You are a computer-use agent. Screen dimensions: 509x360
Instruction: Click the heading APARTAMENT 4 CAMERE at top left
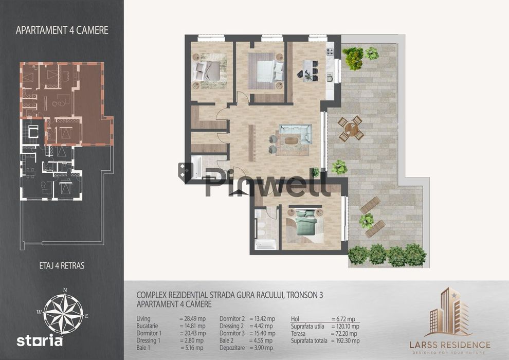[62, 30]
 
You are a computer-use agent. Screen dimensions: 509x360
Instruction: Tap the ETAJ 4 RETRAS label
[62, 266]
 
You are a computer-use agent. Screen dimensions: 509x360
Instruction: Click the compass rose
[63, 314]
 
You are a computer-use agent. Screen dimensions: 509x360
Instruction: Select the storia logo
[40, 341]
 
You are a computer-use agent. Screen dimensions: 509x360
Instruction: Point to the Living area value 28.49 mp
[192, 319]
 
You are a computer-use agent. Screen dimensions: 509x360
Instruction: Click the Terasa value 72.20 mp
[344, 334]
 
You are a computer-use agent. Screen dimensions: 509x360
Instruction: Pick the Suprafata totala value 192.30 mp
[346, 341]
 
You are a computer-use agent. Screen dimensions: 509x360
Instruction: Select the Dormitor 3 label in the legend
[232, 333]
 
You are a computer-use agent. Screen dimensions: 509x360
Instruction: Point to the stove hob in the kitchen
[330, 51]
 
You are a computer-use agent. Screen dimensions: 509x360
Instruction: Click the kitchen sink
[330, 78]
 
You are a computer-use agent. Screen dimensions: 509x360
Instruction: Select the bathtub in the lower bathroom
[265, 244]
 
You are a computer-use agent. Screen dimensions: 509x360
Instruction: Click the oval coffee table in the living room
[291, 141]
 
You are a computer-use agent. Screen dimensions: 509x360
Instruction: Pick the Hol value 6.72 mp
[343, 319]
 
